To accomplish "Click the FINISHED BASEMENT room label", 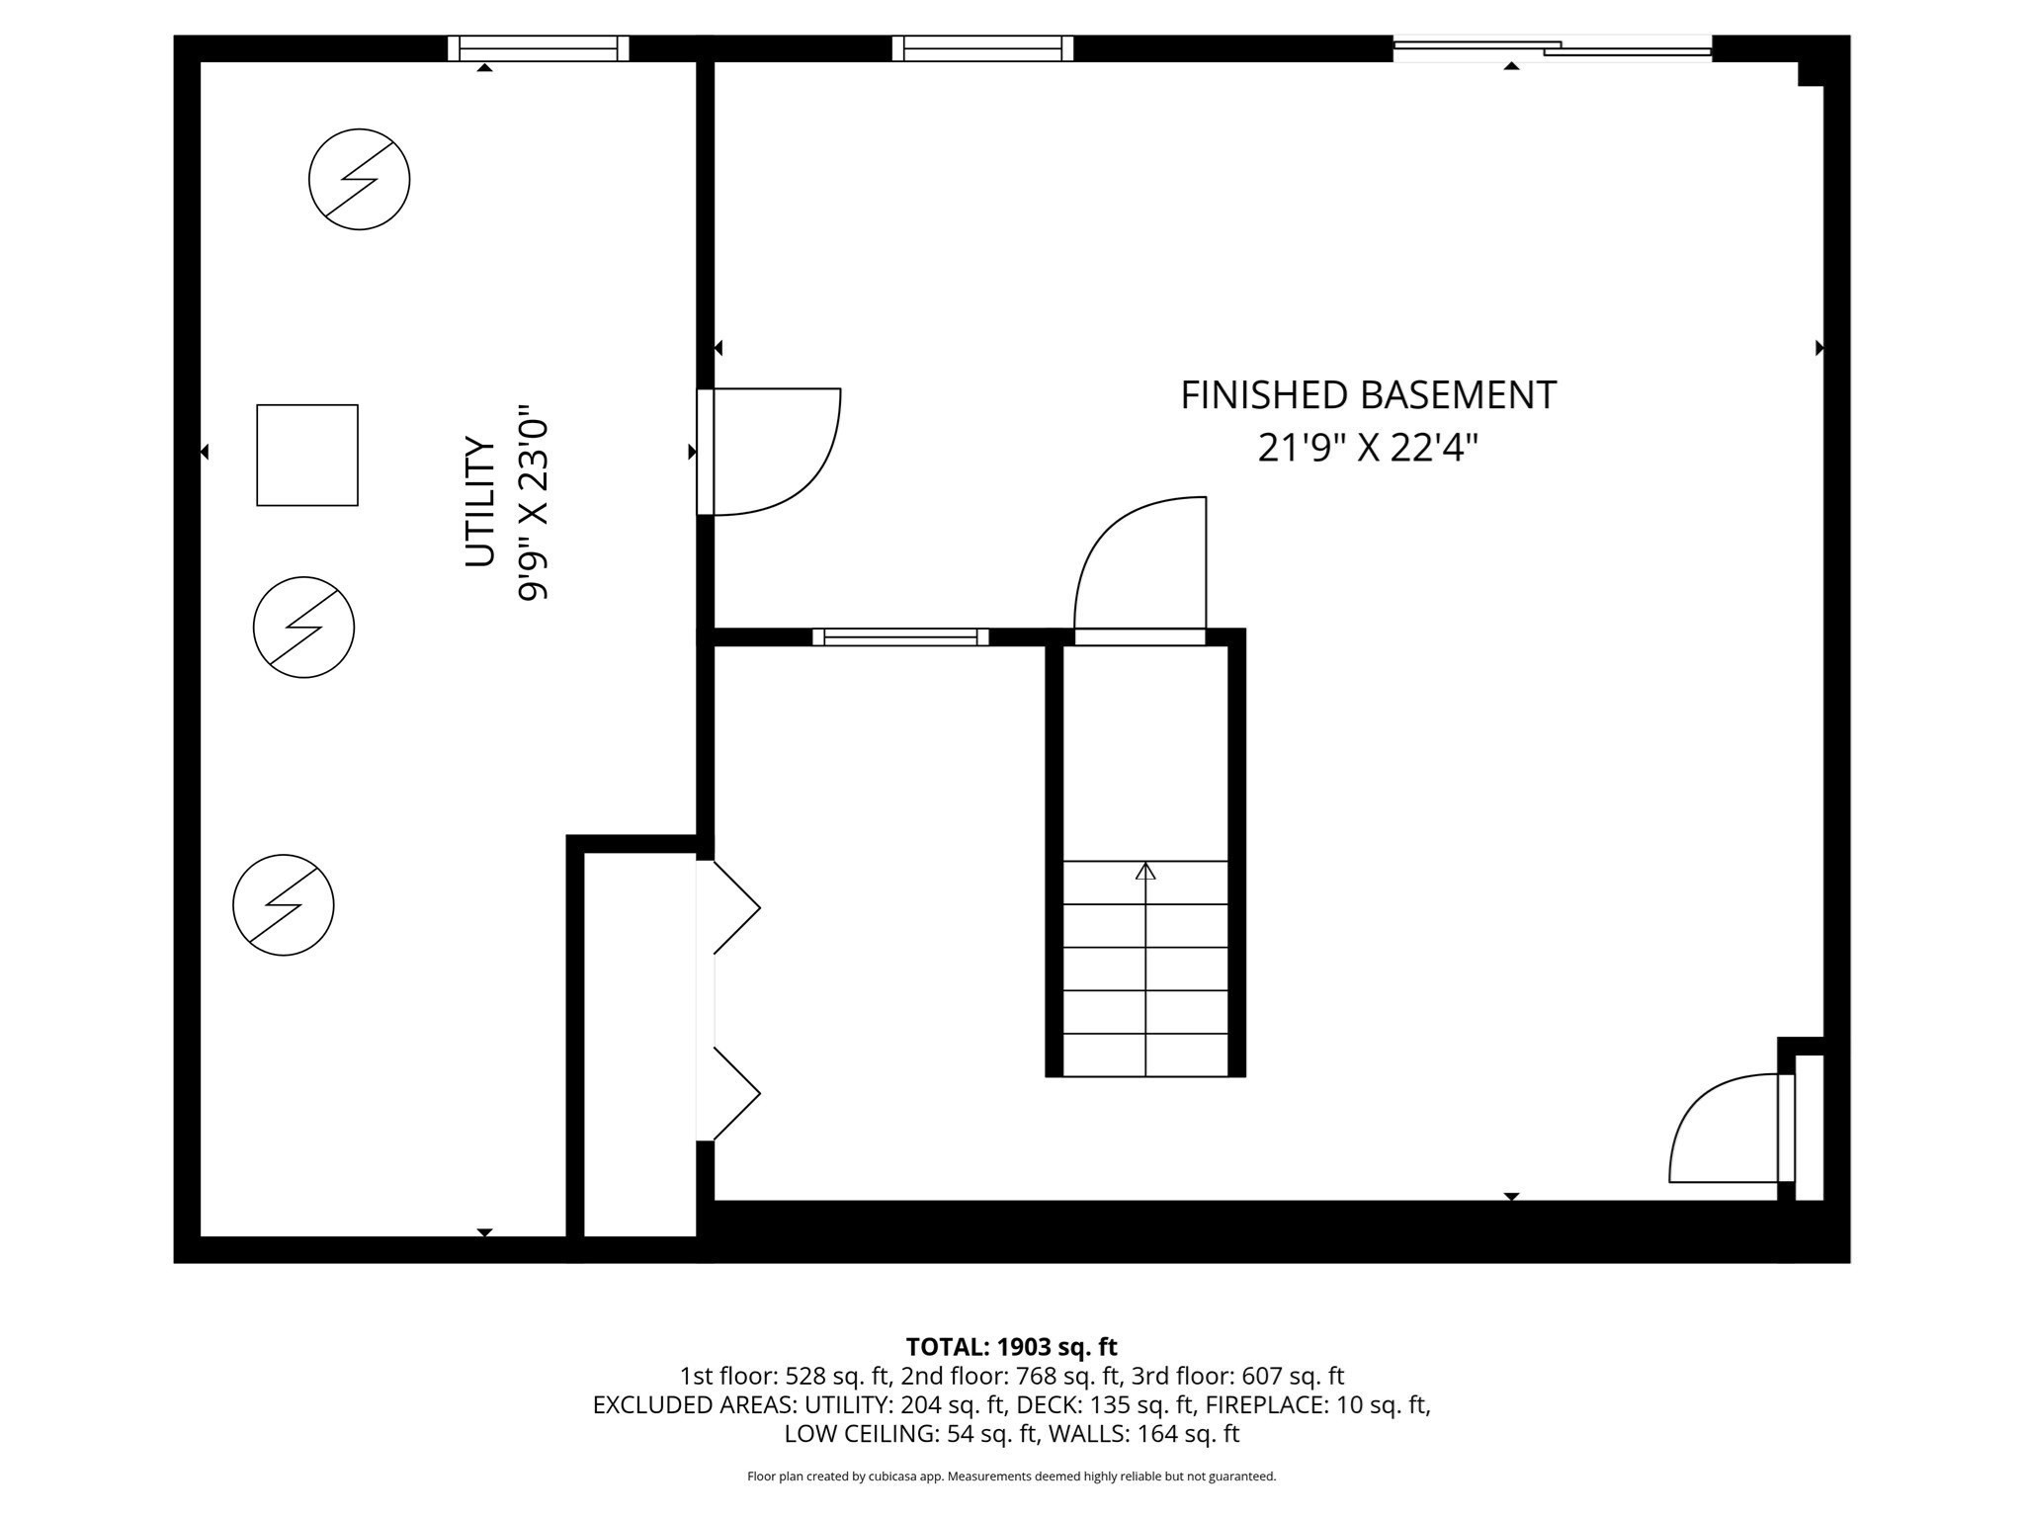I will tap(1368, 395).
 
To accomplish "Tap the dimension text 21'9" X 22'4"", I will tap(1368, 449).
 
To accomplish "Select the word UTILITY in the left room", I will tap(480, 502).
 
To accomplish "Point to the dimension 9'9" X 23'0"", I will tap(533, 502).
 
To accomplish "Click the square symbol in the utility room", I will tap(307, 455).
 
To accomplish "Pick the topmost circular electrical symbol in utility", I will tap(359, 179).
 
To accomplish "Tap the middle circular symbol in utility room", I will tap(303, 627).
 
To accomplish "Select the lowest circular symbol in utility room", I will tap(284, 904).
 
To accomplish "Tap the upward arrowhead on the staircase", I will tap(1145, 871).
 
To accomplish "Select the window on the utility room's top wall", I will tap(538, 47).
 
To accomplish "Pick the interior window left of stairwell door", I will tap(900, 636).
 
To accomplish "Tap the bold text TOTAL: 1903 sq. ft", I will tap(1011, 1346).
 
